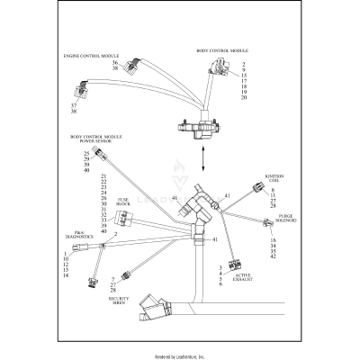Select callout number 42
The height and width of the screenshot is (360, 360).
coord(274,257)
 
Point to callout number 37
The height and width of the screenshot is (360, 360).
coord(74,105)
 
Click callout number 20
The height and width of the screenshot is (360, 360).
coord(244,96)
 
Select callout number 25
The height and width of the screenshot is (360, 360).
coord(85,154)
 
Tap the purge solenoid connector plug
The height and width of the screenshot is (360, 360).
coord(267,223)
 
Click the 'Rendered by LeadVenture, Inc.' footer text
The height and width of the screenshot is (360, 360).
coord(180,355)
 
